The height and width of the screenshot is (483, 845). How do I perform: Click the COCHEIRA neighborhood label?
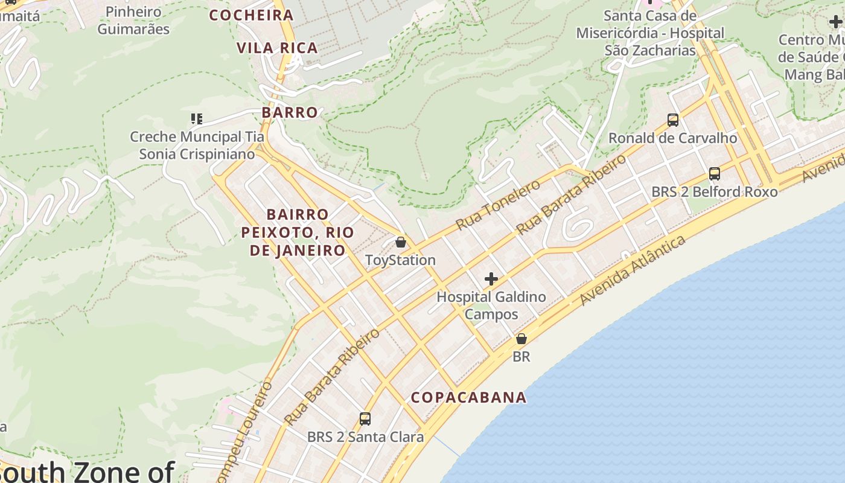[x=251, y=15]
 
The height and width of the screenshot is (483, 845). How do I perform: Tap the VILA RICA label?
[x=277, y=48]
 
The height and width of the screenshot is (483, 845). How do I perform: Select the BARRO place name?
[x=290, y=112]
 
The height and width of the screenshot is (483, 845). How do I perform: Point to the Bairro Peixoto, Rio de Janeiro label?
[x=298, y=232]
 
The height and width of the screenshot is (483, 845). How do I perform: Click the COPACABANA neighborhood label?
[x=468, y=397]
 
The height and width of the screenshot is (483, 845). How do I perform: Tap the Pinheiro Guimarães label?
[x=133, y=20]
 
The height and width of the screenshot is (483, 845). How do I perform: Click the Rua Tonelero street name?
[x=498, y=205]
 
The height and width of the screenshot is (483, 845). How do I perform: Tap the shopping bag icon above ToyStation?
[x=400, y=243]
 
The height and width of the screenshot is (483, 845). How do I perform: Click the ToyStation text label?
[x=400, y=260]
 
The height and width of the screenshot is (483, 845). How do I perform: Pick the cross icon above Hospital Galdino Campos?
[x=491, y=279]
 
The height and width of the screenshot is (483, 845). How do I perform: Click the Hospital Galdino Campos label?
[x=491, y=305]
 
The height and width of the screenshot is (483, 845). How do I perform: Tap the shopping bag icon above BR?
[x=521, y=339]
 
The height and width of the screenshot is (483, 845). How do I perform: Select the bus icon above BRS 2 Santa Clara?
[x=365, y=419]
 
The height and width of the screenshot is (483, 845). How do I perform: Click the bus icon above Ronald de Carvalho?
[x=672, y=120]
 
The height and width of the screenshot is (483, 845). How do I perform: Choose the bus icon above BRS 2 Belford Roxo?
[x=715, y=174]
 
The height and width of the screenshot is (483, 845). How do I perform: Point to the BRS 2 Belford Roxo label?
[x=715, y=192]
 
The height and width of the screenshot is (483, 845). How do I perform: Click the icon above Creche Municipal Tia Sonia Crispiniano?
[x=197, y=119]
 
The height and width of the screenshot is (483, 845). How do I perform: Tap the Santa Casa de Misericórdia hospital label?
[x=650, y=33]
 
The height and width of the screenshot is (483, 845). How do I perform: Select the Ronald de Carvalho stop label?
[x=672, y=138]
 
